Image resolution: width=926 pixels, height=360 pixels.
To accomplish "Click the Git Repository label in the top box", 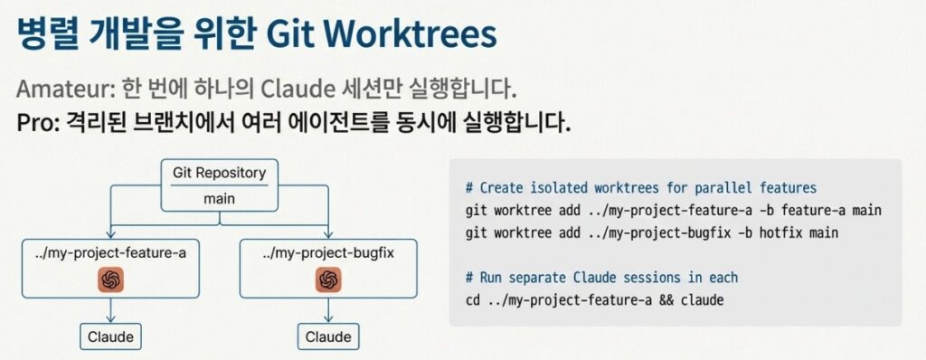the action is (219, 173).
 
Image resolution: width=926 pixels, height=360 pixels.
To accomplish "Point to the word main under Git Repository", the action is (219, 199).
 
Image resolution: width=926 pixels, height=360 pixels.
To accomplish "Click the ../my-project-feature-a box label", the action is (110, 253).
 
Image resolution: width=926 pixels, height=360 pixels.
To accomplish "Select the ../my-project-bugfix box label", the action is (328, 253).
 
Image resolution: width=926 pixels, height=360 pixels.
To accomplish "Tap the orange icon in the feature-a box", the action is (110, 279).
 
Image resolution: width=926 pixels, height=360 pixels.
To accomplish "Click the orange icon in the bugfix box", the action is (328, 279).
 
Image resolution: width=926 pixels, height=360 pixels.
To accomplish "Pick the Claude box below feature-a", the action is (110, 337).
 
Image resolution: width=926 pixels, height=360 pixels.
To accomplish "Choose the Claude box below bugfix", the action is (328, 337).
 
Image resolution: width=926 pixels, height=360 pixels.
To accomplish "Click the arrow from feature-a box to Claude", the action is (110, 310).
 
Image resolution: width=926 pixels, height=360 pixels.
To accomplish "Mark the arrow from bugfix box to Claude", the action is (328, 310).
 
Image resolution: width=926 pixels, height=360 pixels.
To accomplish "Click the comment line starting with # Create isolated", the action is (641, 188).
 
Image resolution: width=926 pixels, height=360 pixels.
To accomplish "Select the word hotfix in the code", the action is (780, 232).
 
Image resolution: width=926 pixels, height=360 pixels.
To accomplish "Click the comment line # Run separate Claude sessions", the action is (601, 278).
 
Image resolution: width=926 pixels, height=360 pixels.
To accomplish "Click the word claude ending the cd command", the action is (702, 299).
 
